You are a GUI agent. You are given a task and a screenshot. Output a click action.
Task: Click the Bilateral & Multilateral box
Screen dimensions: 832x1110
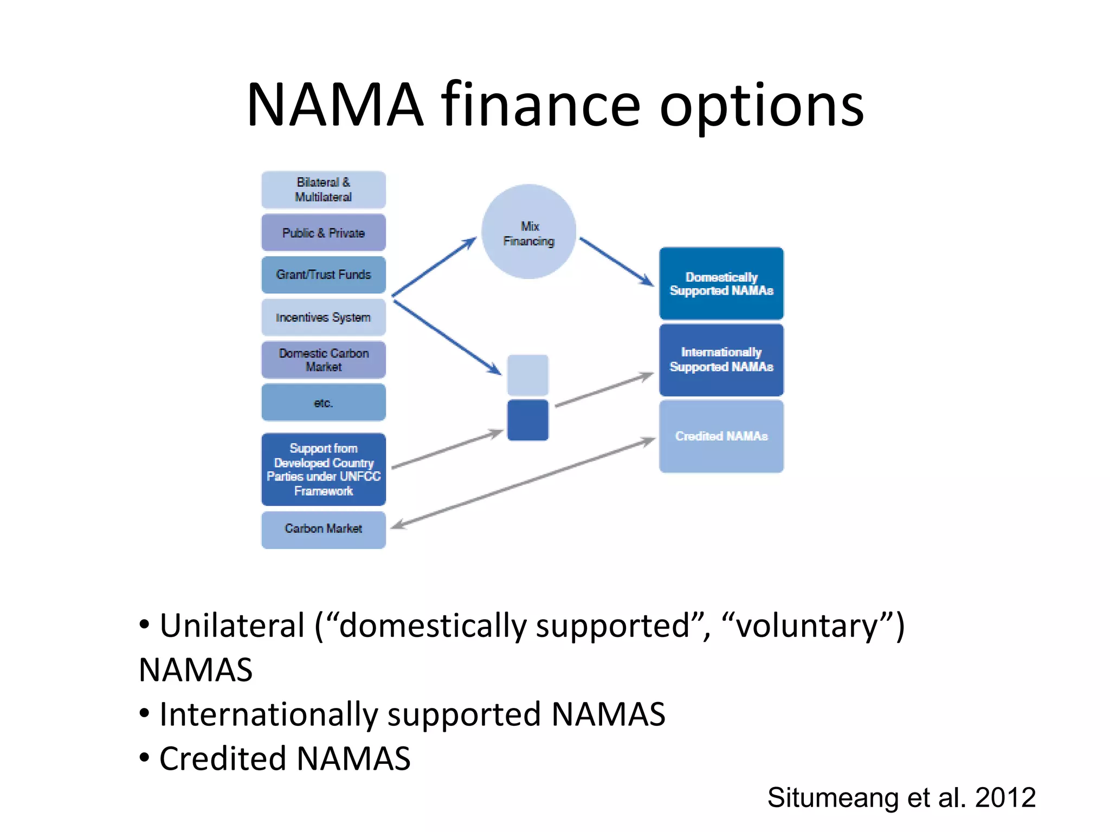(x=324, y=190)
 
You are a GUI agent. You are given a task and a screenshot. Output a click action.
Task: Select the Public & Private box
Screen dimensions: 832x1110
(x=324, y=233)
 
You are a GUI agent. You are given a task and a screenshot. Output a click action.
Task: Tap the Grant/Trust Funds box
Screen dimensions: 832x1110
(x=324, y=275)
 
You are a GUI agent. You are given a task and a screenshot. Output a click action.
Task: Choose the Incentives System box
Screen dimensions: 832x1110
(x=324, y=317)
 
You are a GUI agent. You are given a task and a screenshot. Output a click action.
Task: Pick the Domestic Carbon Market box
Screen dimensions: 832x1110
(x=324, y=360)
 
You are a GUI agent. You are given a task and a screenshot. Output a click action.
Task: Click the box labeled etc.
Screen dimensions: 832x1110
(x=324, y=402)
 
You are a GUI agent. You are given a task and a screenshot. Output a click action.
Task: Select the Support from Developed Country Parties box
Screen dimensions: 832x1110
(x=324, y=470)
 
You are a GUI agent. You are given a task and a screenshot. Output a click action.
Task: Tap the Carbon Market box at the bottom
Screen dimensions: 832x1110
(x=324, y=529)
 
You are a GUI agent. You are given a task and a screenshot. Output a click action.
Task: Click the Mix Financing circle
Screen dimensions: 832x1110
(x=528, y=232)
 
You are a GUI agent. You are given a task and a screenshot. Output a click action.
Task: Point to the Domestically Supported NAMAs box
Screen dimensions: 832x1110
(x=721, y=284)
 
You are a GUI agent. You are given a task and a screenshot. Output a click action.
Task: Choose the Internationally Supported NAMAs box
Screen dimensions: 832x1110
(x=721, y=360)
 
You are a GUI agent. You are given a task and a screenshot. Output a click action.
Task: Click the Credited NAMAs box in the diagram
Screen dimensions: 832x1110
(x=721, y=436)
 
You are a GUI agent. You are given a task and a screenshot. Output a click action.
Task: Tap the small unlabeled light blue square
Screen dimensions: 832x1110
(x=527, y=375)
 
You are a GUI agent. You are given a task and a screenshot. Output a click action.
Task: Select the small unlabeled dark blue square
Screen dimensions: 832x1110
(x=527, y=420)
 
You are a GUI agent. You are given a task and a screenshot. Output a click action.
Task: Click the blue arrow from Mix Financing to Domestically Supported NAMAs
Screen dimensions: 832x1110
(x=617, y=262)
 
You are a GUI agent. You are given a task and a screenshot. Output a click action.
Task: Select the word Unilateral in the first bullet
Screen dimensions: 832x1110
(x=232, y=626)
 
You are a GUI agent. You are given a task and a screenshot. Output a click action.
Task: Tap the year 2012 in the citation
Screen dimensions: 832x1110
(x=1005, y=798)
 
